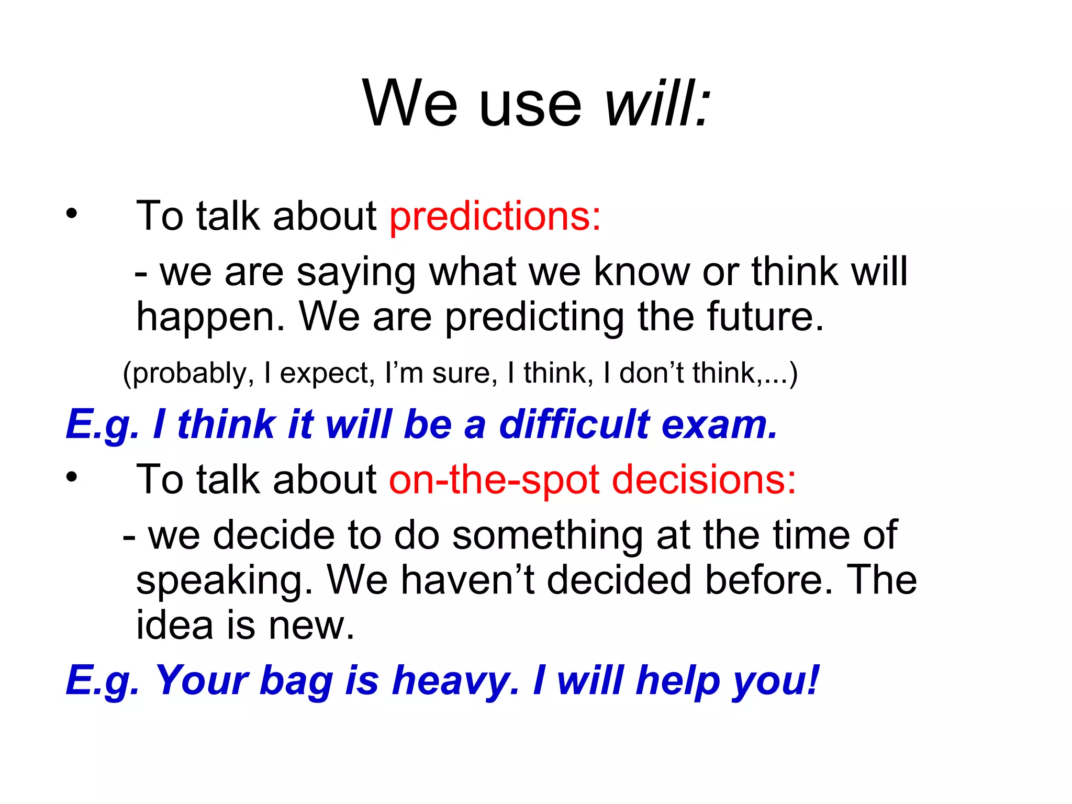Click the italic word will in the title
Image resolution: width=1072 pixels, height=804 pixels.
(657, 103)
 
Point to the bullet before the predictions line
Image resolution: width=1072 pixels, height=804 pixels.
(71, 214)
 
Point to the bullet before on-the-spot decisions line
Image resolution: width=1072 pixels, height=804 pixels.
(71, 477)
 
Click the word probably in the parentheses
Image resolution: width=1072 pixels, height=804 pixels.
(188, 374)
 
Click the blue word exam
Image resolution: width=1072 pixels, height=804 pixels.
(720, 425)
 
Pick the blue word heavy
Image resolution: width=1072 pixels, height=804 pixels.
(455, 680)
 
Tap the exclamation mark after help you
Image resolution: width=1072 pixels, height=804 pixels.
(812, 679)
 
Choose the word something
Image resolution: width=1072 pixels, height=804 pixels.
(548, 536)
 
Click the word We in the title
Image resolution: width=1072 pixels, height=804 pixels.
(410, 103)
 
